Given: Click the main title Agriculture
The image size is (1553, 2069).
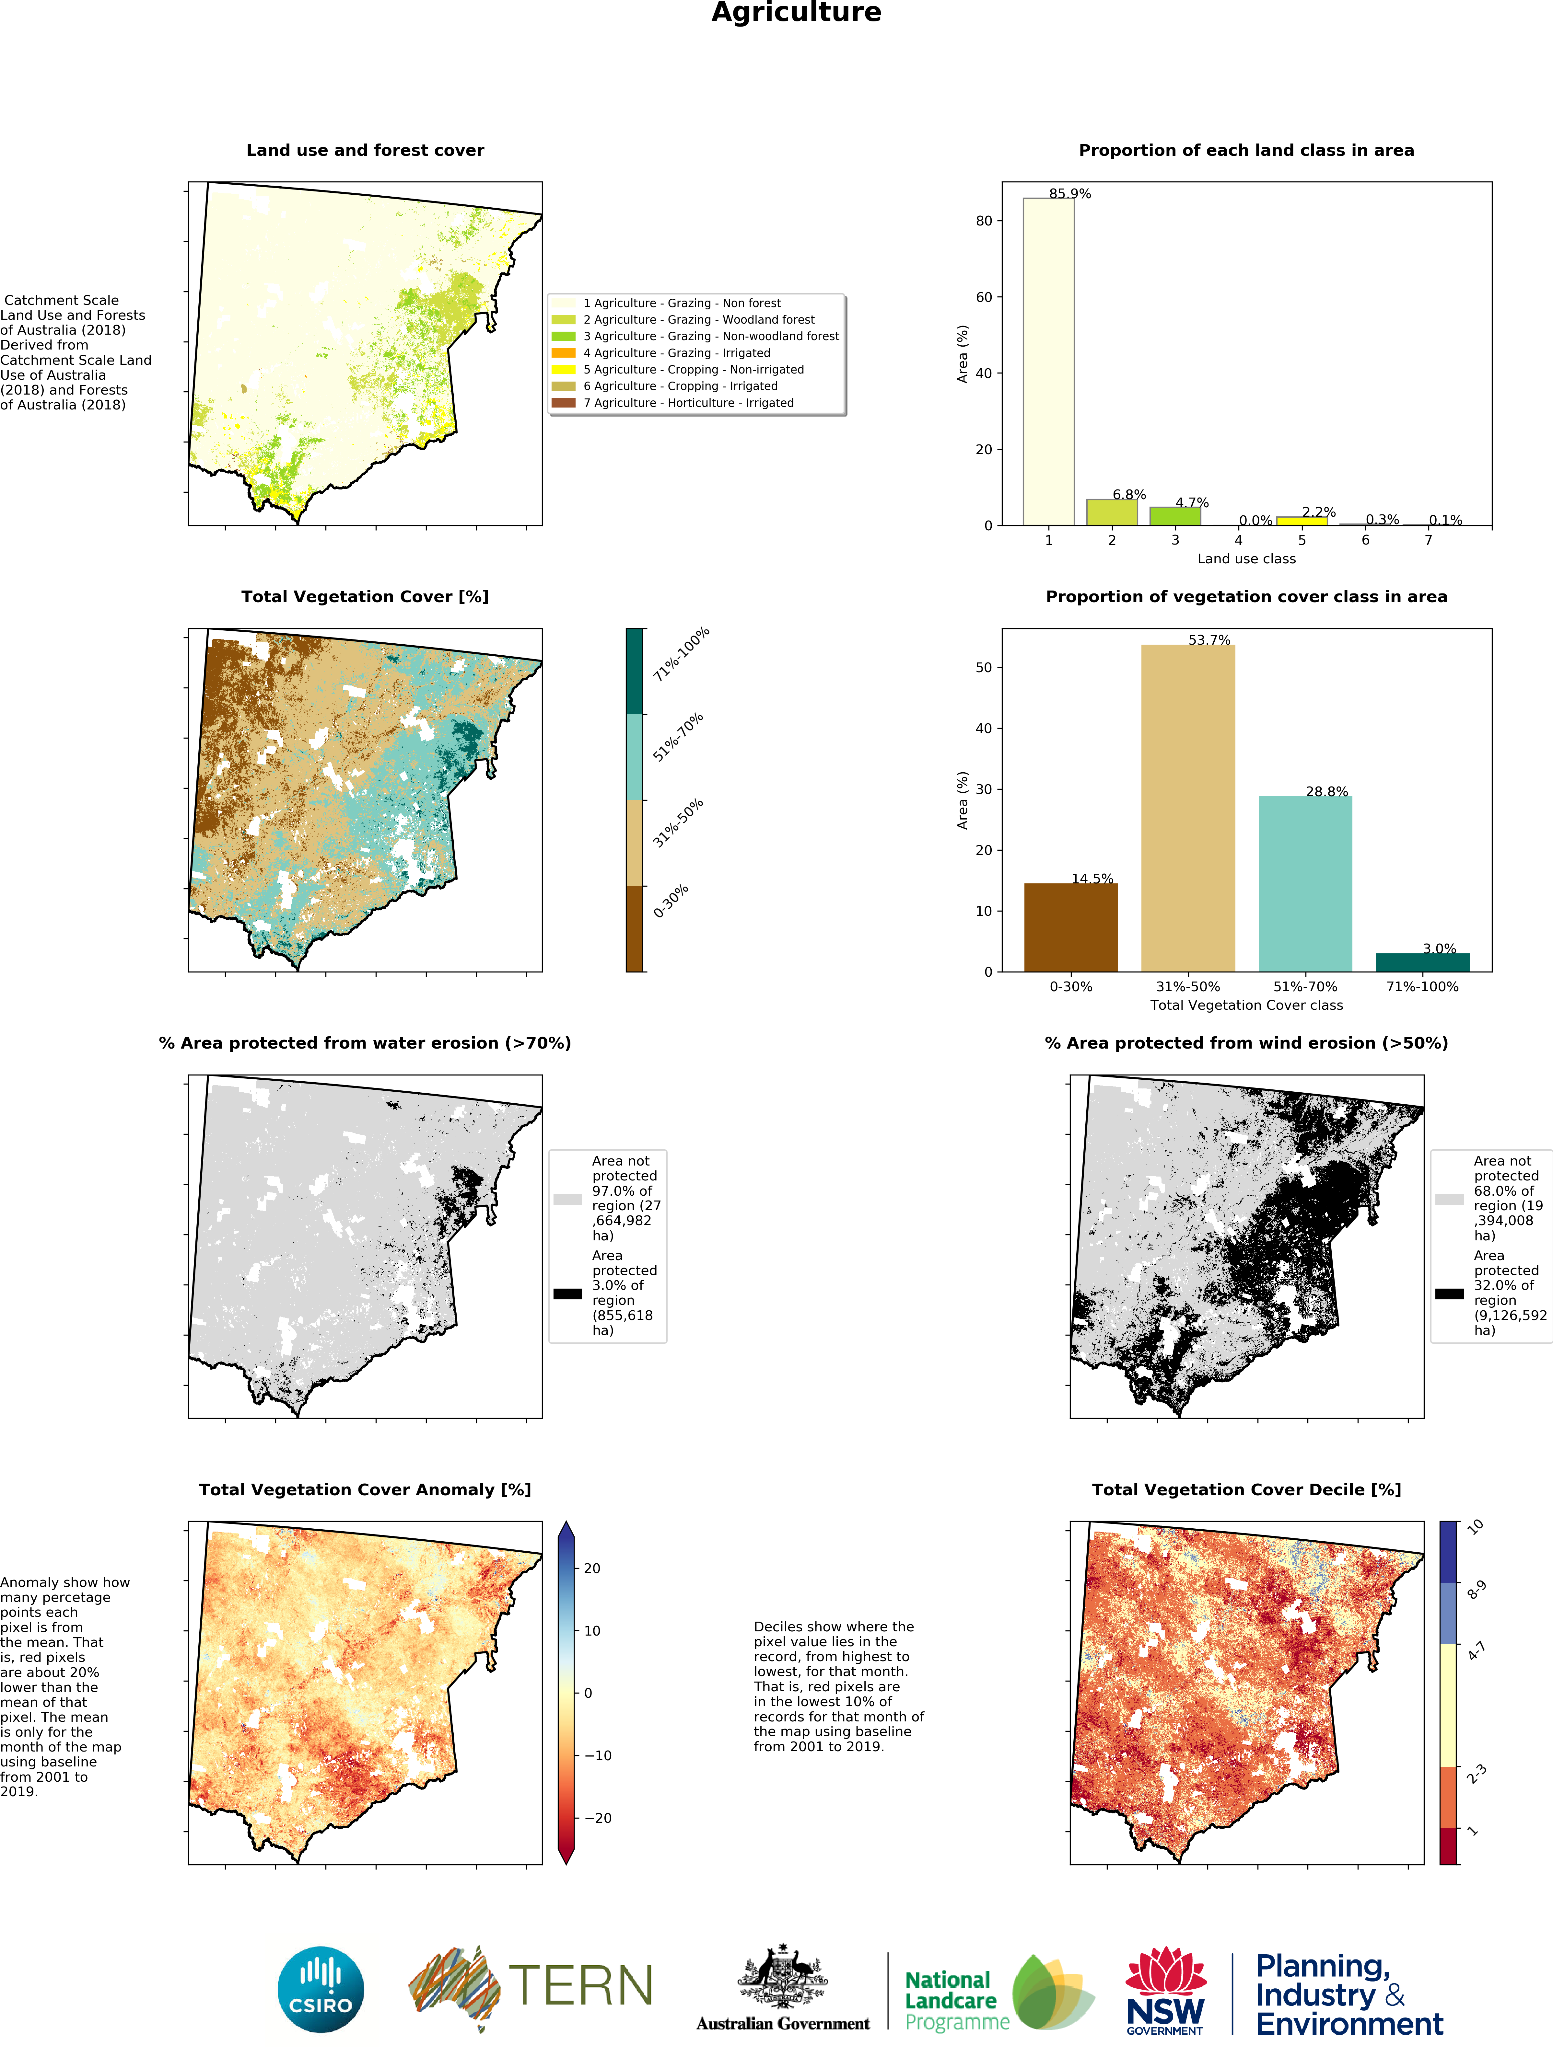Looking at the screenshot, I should pos(796,13).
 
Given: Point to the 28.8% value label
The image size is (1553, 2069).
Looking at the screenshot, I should pos(1326,791).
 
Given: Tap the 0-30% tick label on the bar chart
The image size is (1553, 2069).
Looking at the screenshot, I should pos(1070,987).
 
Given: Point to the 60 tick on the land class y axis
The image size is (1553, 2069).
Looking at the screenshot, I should pos(983,297).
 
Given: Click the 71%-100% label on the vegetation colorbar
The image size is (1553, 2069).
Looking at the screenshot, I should pos(681,654).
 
